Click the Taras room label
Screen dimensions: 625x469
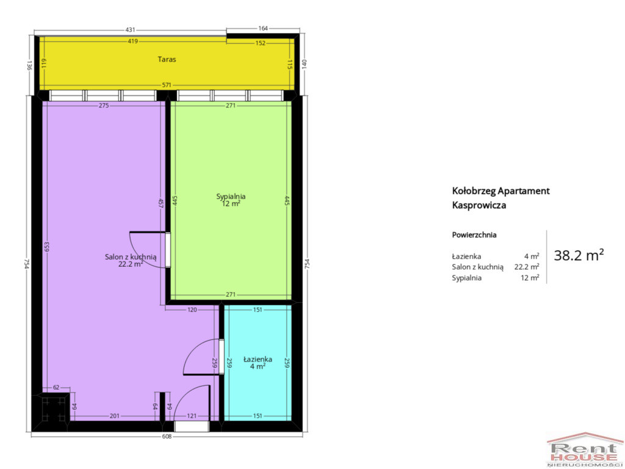pos(167,59)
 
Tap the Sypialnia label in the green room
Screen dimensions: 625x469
pos(231,196)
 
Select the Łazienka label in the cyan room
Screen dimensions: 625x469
pos(258,359)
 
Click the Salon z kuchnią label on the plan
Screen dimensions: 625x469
pos(131,257)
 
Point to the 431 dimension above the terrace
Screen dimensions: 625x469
pos(131,29)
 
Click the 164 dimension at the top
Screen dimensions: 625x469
pos(263,28)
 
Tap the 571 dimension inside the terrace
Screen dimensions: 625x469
pos(167,85)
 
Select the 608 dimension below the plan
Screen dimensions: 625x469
pos(167,436)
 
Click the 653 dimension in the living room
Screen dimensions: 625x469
pos(46,247)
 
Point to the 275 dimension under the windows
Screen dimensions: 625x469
pos(104,106)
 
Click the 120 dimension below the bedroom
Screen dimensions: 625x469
pos(192,310)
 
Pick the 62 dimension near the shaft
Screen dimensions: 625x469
pos(56,387)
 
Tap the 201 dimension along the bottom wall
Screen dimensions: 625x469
pos(114,416)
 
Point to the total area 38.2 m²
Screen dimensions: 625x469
pos(579,255)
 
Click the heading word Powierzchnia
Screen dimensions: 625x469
pos(474,235)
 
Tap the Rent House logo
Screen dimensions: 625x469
pos(585,449)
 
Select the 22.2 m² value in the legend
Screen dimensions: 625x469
pos(527,266)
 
